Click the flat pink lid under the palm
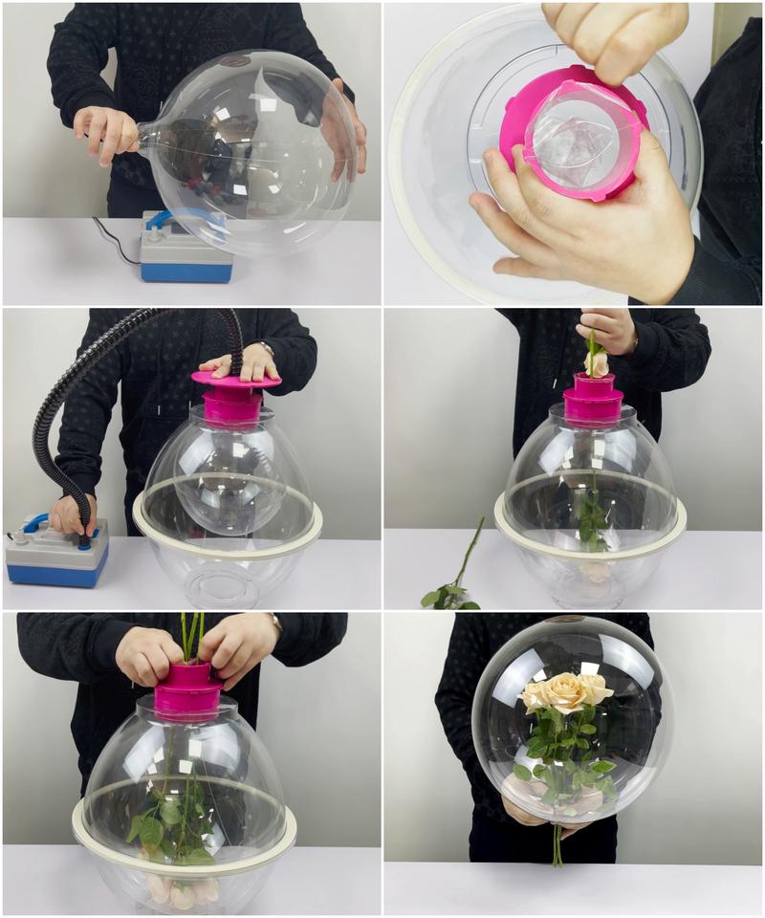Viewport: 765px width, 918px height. [235, 380]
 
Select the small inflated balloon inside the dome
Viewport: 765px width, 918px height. [229, 478]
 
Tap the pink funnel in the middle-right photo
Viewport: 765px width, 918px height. [593, 400]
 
